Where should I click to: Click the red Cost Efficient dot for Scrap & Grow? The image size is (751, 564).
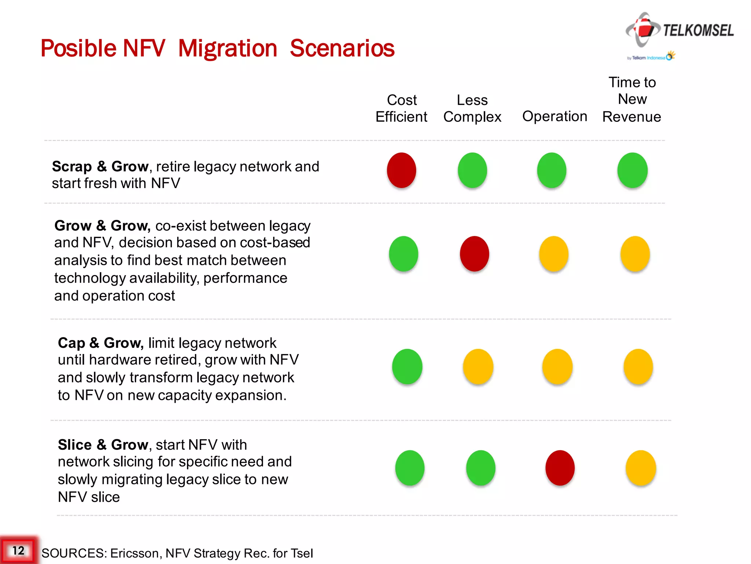click(402, 170)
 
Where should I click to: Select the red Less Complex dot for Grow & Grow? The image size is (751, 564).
click(475, 254)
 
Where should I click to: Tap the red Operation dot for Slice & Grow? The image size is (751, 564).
click(560, 468)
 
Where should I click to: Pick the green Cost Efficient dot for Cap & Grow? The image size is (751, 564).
click(407, 366)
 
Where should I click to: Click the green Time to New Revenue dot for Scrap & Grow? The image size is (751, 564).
click(633, 170)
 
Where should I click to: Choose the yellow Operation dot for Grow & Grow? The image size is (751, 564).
click(554, 254)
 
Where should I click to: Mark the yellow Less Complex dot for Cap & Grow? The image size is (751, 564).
click(478, 366)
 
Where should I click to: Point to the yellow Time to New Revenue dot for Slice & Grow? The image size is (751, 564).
click(641, 468)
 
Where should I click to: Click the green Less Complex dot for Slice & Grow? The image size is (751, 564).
click(481, 468)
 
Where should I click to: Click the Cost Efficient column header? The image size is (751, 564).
click(402, 108)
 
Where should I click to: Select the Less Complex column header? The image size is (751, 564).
click(472, 108)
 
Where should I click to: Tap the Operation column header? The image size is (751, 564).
click(554, 116)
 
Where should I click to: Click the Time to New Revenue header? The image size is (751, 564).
click(632, 99)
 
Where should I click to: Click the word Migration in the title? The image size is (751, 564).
click(227, 48)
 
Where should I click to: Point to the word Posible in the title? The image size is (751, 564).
click(79, 48)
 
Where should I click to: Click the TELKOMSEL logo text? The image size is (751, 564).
click(698, 30)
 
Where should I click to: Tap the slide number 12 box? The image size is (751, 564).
click(18, 550)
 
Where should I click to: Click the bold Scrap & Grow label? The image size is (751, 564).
click(100, 166)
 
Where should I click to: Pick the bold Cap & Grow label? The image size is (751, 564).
click(100, 343)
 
